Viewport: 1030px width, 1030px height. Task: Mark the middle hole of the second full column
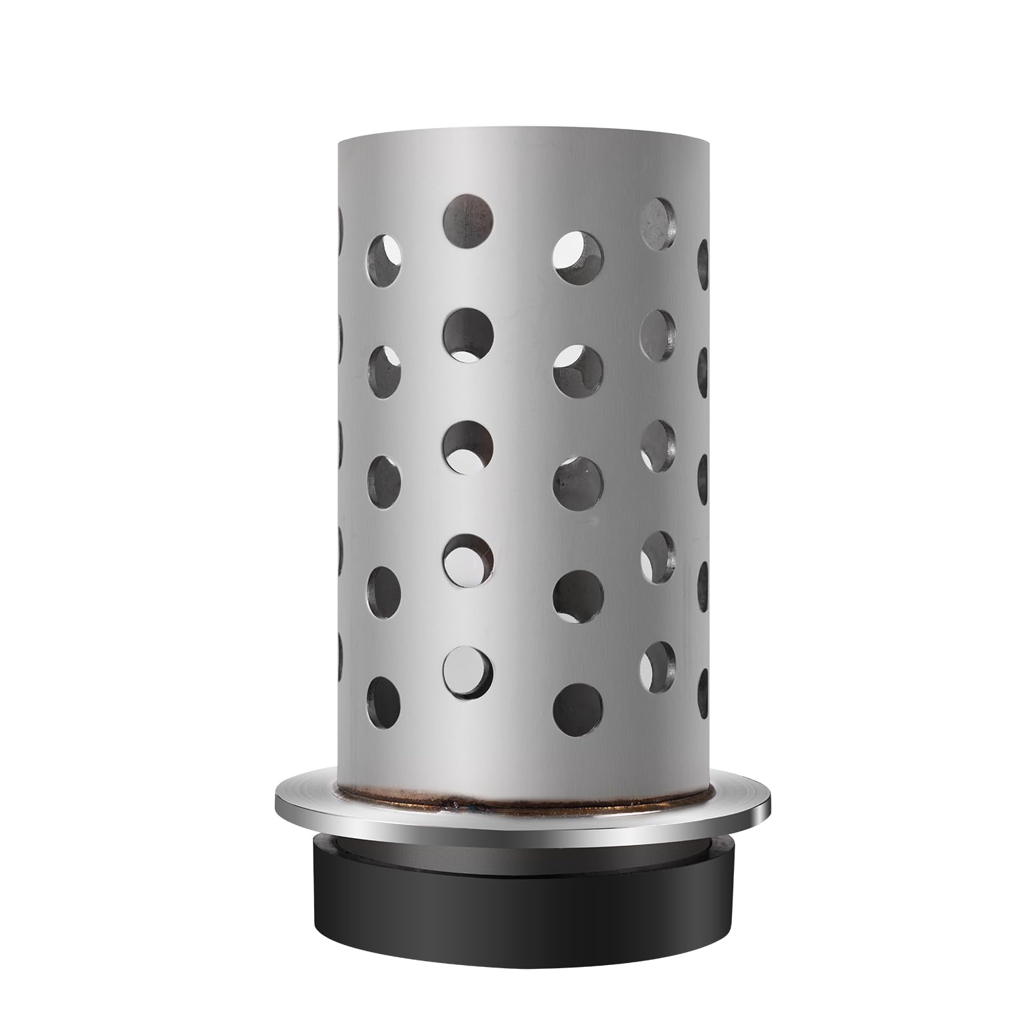(468, 445)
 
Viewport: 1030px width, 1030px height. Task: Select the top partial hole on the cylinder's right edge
(702, 264)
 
